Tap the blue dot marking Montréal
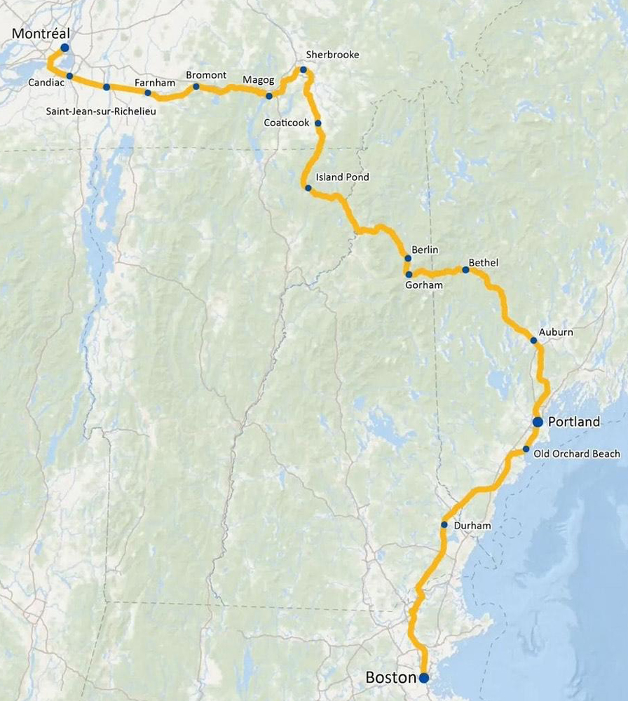coord(64,48)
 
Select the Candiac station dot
coord(70,76)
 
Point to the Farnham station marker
coord(148,93)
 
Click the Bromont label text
coord(206,75)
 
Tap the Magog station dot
coord(269,95)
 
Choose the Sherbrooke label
coord(332,55)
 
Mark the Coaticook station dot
coord(318,123)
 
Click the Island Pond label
coord(342,177)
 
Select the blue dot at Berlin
coord(408,258)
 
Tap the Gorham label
coord(425,285)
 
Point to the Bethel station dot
coord(465,270)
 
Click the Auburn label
coord(556,332)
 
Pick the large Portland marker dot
coord(538,421)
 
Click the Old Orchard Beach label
coord(577,454)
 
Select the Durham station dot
coord(444,524)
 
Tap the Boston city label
coord(390,678)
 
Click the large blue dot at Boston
coord(424,678)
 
